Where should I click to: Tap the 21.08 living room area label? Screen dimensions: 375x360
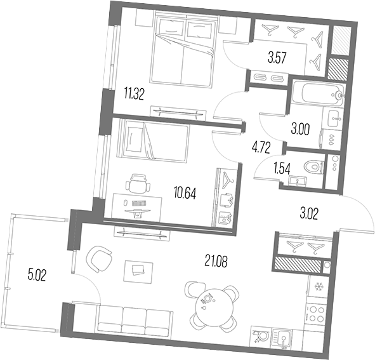216,261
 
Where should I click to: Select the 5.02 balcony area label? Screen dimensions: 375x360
37,275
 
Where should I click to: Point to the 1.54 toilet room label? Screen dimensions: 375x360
282,169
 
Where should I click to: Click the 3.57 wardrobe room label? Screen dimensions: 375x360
277,58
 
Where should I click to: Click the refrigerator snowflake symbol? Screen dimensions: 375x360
319,286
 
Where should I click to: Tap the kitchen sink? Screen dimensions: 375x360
282,338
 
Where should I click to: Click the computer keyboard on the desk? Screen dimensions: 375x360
139,203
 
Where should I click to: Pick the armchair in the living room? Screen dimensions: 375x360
99,260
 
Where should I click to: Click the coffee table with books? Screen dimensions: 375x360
138,271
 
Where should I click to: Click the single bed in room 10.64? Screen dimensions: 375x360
154,141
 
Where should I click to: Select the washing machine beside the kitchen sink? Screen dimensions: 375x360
260,336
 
